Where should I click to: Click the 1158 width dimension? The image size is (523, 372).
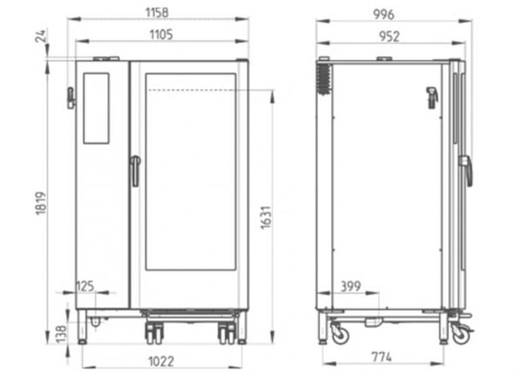click(157, 13)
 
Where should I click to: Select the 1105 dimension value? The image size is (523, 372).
click(161, 34)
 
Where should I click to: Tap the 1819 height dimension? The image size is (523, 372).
click(41, 203)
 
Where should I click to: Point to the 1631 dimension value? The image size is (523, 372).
click(266, 218)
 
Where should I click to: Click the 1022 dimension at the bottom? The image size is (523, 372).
click(161, 362)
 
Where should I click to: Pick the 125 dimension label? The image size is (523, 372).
click(85, 287)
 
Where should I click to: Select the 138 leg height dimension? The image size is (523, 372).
click(61, 334)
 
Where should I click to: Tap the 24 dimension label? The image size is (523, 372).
click(41, 36)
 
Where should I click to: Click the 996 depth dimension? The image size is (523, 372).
click(384, 15)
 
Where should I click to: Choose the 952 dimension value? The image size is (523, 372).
click(390, 37)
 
